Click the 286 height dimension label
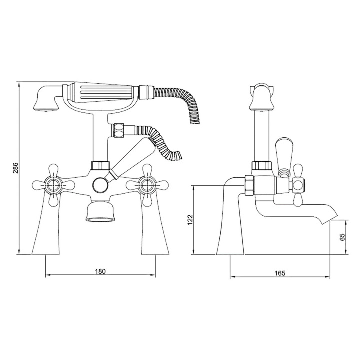tap(15, 168)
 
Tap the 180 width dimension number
tap(100, 271)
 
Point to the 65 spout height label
tap(342, 237)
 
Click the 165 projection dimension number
tap(280, 273)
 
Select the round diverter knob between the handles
tap(100, 185)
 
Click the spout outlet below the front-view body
tap(100, 211)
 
